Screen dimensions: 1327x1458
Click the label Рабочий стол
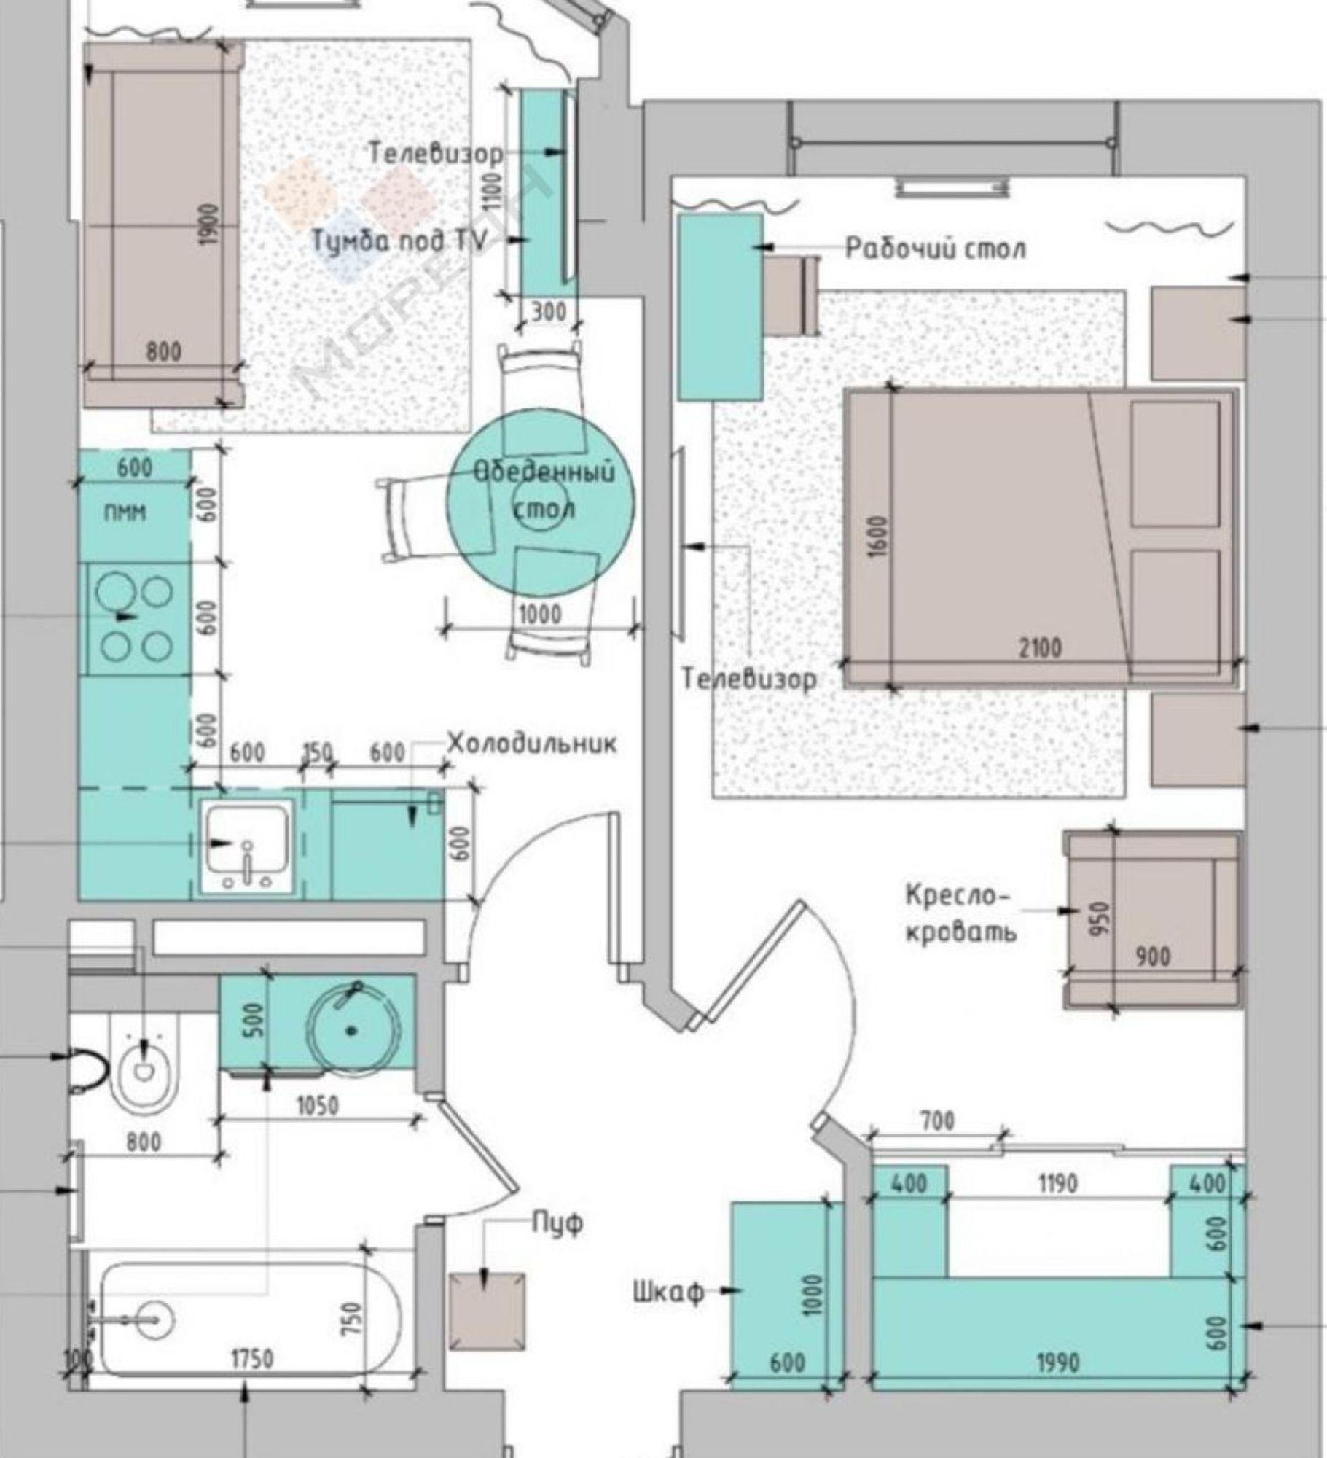coord(935,249)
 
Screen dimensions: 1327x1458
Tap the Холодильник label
coord(531,744)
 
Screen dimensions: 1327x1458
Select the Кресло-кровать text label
coord(960,914)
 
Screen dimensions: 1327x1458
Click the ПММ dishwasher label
coord(124,512)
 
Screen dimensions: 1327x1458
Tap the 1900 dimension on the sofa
coord(208,224)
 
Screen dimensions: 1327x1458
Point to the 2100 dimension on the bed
coord(1039,647)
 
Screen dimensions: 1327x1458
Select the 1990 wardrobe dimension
coord(1057,1363)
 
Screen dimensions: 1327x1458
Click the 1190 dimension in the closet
coord(1057,1184)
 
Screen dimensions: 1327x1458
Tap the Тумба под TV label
coord(399,241)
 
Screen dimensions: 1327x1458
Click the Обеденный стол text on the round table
coord(544,489)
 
